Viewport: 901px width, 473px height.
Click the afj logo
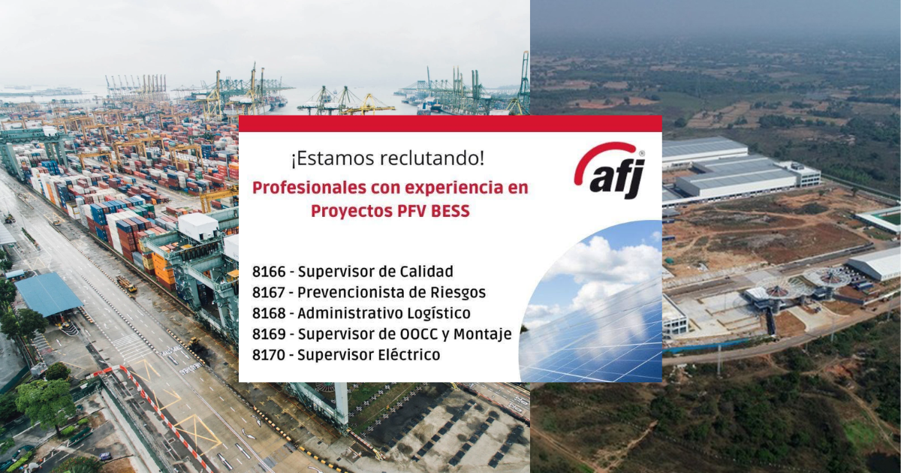(x=610, y=170)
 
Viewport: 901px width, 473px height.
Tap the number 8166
(x=269, y=272)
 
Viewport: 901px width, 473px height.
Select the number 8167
(x=269, y=293)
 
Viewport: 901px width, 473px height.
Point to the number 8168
(x=269, y=314)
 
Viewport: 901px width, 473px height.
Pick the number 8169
(x=269, y=335)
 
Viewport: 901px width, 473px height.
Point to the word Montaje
(x=483, y=335)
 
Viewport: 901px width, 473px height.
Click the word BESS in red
(x=450, y=211)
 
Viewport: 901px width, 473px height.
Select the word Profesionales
(x=309, y=188)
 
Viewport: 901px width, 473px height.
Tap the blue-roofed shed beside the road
(x=49, y=294)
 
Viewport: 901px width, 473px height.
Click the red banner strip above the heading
(x=450, y=124)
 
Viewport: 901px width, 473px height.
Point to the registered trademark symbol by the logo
(x=641, y=153)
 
